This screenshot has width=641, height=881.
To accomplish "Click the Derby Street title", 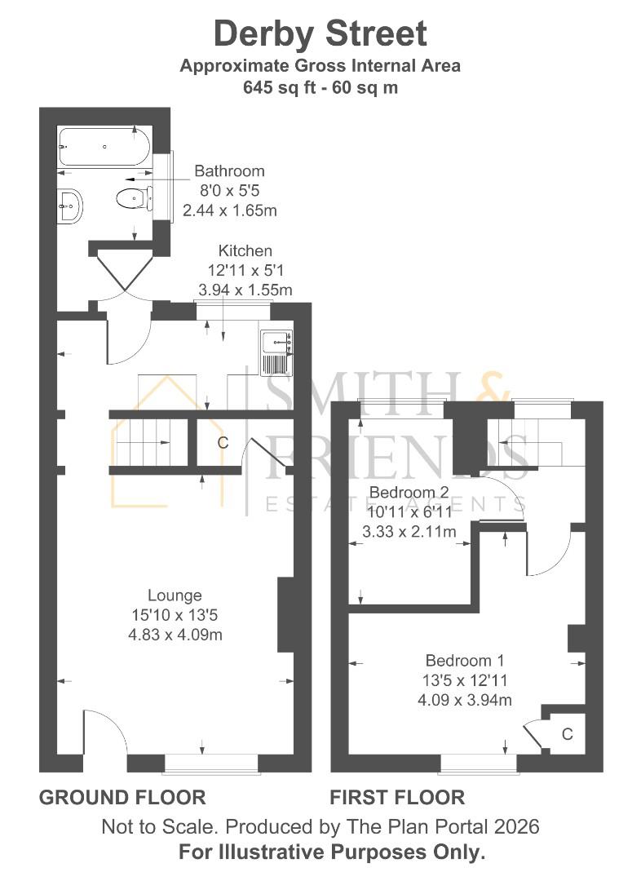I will coord(320,34).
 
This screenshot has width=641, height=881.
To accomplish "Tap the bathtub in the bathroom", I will coord(103,148).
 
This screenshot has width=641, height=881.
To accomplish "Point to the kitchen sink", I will coord(276,353).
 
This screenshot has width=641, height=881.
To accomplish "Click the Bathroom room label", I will coord(229,171).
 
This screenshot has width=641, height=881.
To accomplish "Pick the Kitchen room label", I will coord(245,251).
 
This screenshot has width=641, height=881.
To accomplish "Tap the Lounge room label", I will coord(175,595).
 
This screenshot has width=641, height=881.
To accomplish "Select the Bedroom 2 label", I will coord(409,493).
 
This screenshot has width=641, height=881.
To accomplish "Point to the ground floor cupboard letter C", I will coord(222,443).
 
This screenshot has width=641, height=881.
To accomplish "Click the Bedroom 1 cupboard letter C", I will coord(567,734).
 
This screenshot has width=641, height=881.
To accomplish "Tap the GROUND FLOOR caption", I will coord(122,797).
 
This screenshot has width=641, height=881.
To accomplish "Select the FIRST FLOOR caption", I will coord(397,797).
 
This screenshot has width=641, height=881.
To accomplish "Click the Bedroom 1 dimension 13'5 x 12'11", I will coord(466,680).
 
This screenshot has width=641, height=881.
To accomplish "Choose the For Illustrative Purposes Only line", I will coord(332,852).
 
